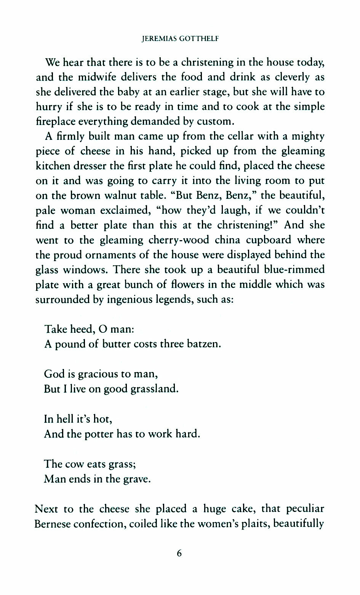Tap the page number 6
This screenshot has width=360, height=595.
click(x=179, y=553)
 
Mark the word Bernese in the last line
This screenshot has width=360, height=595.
click(x=53, y=524)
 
